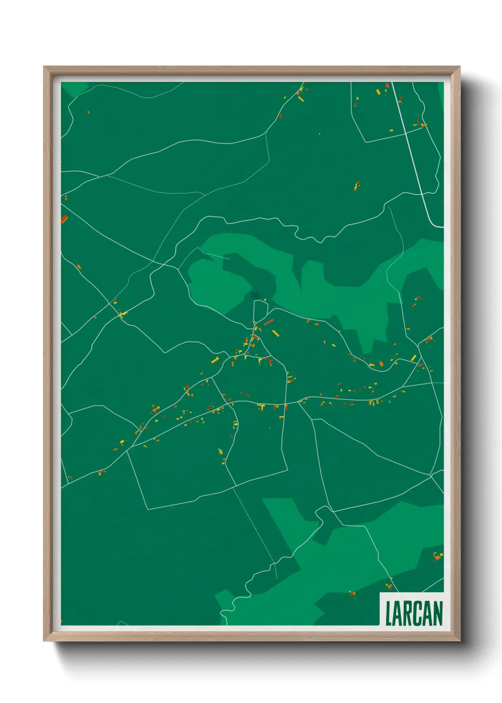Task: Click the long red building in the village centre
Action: tap(269, 323)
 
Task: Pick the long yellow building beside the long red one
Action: tap(275, 332)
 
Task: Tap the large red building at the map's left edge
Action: tap(65, 219)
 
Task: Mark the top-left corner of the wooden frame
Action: tap(44, 67)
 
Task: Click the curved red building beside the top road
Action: tap(280, 116)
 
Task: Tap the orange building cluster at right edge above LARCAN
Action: tap(438, 556)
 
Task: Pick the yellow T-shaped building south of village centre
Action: tap(260, 407)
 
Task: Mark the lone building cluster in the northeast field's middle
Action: tap(357, 185)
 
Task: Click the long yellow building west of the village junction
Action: tap(214, 360)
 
